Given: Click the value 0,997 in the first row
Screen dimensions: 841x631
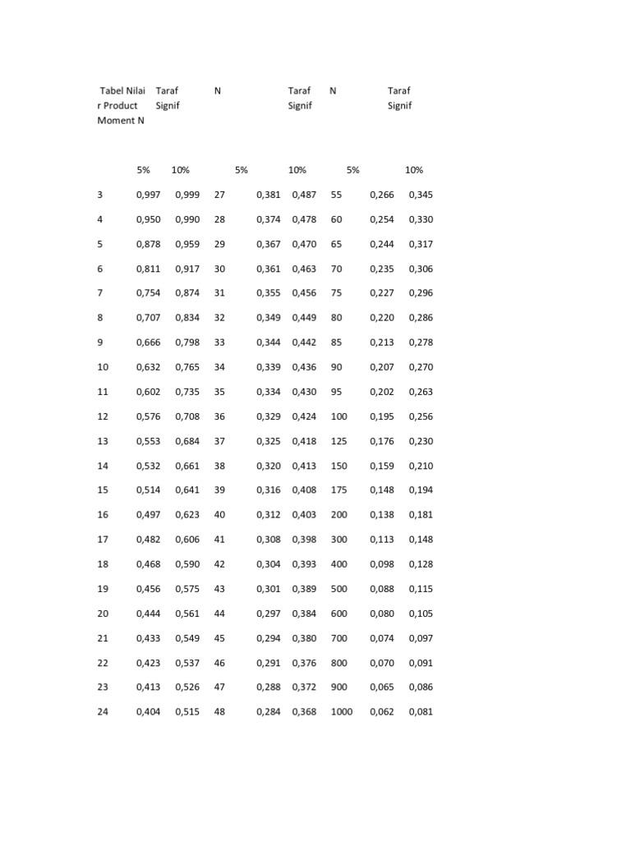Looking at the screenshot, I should point(148,195).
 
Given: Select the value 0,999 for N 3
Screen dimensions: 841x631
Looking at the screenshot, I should point(187,195).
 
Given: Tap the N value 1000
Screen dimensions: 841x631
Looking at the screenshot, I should point(342,712).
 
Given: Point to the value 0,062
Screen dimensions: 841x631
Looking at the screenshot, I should point(382,712).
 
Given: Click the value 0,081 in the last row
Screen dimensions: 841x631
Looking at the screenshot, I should point(421,712).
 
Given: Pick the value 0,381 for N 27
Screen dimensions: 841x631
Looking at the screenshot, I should point(269,195).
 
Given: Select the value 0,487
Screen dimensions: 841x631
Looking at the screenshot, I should point(304,195).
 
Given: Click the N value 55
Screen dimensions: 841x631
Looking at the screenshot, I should point(336,195).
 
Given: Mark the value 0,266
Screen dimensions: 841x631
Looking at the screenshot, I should point(382,195).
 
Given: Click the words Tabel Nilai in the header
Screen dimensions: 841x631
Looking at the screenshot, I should point(122,90).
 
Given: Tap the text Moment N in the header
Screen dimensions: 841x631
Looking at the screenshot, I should point(121,120).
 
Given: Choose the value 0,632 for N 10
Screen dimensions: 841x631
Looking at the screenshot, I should point(148,367).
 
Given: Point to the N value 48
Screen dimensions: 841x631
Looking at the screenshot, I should point(219,712).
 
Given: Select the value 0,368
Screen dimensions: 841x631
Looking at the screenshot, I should point(304,712).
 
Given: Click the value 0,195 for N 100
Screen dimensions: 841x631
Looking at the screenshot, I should point(382,416).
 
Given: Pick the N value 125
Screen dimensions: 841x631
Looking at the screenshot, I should point(339,441).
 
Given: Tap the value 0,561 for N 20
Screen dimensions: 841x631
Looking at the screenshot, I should point(187,614).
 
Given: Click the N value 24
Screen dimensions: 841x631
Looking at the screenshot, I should point(103,712).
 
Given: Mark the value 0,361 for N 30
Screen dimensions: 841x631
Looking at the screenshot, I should point(269,269).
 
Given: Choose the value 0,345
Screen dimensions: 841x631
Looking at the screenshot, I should point(421,195).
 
